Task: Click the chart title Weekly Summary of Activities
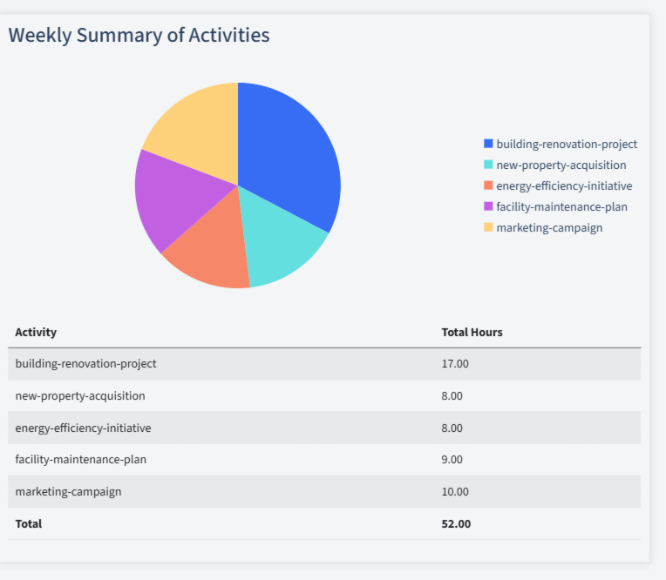click(x=139, y=35)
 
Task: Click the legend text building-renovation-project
click(x=567, y=144)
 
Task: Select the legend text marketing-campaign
click(x=549, y=227)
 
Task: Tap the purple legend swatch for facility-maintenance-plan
click(x=488, y=206)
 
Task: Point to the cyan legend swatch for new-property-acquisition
click(x=488, y=165)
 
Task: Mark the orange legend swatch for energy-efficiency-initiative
click(x=488, y=185)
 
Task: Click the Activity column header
click(x=36, y=332)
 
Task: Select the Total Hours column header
click(x=472, y=332)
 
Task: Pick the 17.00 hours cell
click(x=455, y=363)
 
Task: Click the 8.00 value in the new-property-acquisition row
click(x=452, y=395)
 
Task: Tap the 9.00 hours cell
click(x=452, y=459)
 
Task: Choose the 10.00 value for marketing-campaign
click(x=455, y=491)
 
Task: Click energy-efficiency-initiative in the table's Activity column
click(x=83, y=428)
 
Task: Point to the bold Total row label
click(x=28, y=523)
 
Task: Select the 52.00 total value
click(x=456, y=523)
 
